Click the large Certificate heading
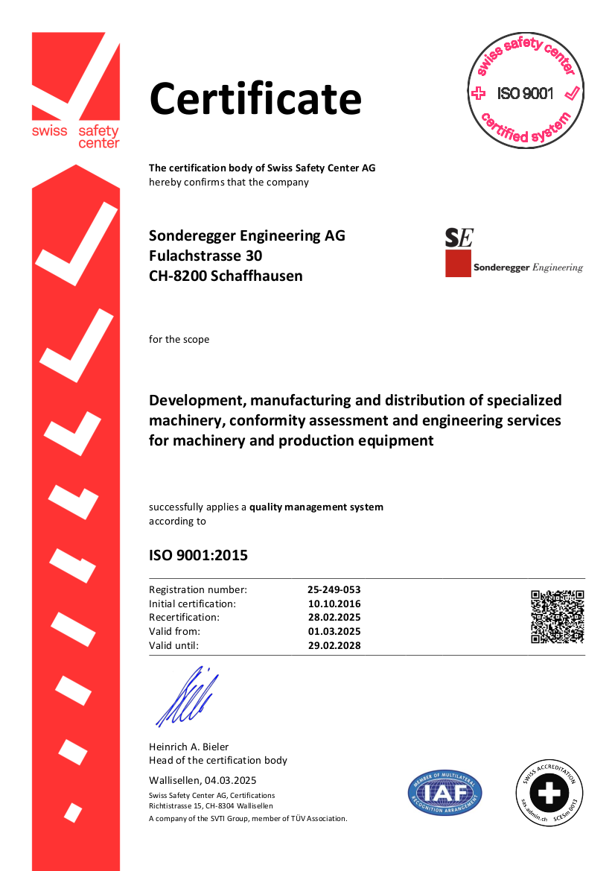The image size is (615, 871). pyautogui.click(x=255, y=99)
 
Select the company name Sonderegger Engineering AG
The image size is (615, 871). pyautogui.click(x=247, y=236)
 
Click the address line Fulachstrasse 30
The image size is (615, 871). pyautogui.click(x=205, y=256)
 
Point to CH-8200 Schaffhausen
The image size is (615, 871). pyautogui.click(x=226, y=276)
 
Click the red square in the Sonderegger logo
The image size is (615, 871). pyautogui.click(x=458, y=264)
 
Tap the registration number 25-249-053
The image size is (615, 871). pyautogui.click(x=334, y=589)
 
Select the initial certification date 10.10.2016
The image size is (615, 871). pyautogui.click(x=334, y=604)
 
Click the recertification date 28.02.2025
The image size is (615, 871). pyautogui.click(x=334, y=618)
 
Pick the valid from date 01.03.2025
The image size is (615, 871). pyautogui.click(x=334, y=632)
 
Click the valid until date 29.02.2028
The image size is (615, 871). pyautogui.click(x=334, y=646)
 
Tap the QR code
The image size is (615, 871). pyautogui.click(x=557, y=616)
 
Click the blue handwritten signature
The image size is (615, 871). pyautogui.click(x=187, y=697)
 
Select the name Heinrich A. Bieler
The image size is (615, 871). pyautogui.click(x=189, y=747)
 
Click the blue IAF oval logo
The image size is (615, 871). pyautogui.click(x=444, y=793)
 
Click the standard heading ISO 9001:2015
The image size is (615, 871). pyautogui.click(x=198, y=556)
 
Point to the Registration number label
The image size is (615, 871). pyautogui.click(x=198, y=589)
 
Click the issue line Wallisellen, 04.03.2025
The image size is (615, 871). pyautogui.click(x=203, y=780)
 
